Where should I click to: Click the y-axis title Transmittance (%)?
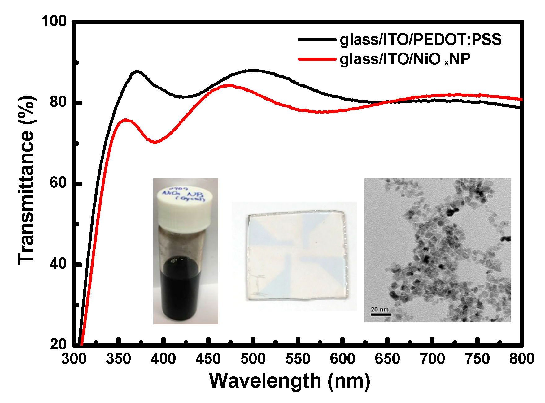tap(26, 181)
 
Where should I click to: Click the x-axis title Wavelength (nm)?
tap(290, 381)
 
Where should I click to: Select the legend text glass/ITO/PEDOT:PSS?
tap(421, 40)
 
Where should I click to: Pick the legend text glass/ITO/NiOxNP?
tap(405, 59)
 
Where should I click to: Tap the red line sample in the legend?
tap(317, 59)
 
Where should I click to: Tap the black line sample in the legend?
tap(317, 40)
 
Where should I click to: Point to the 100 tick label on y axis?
tap(54, 21)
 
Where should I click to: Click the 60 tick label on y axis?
tap(58, 183)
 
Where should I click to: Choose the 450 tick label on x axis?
tap(208, 359)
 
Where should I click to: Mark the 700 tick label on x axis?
tap(432, 359)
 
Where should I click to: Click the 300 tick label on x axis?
tap(74, 359)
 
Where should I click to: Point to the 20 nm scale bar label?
tap(380, 309)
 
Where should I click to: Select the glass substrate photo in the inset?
tap(296, 256)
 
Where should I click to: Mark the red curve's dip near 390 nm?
tap(154, 142)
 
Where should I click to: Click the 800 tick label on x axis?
tap(521, 359)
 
